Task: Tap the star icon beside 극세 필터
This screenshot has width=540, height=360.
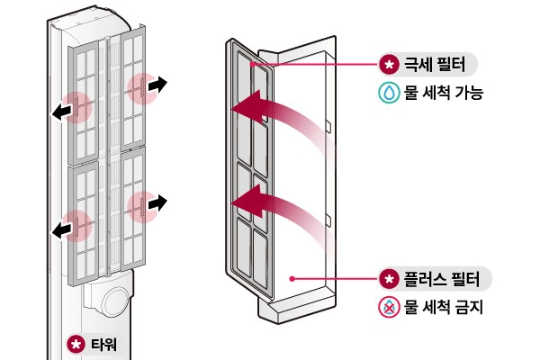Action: (389, 66)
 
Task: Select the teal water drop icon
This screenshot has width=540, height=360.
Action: (389, 94)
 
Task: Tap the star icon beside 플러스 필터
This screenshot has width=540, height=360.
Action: (389, 279)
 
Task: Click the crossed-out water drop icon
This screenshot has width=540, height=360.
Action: (389, 308)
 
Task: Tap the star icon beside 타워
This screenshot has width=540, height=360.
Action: (76, 344)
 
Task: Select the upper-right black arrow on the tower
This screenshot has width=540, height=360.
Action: (157, 85)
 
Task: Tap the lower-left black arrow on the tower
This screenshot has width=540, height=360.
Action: (61, 231)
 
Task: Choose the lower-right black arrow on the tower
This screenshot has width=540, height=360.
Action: (157, 202)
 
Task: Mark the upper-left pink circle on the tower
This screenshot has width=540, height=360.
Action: (79, 106)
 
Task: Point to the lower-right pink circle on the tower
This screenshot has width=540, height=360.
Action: (139, 207)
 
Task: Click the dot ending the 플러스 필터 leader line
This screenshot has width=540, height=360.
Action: (290, 279)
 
